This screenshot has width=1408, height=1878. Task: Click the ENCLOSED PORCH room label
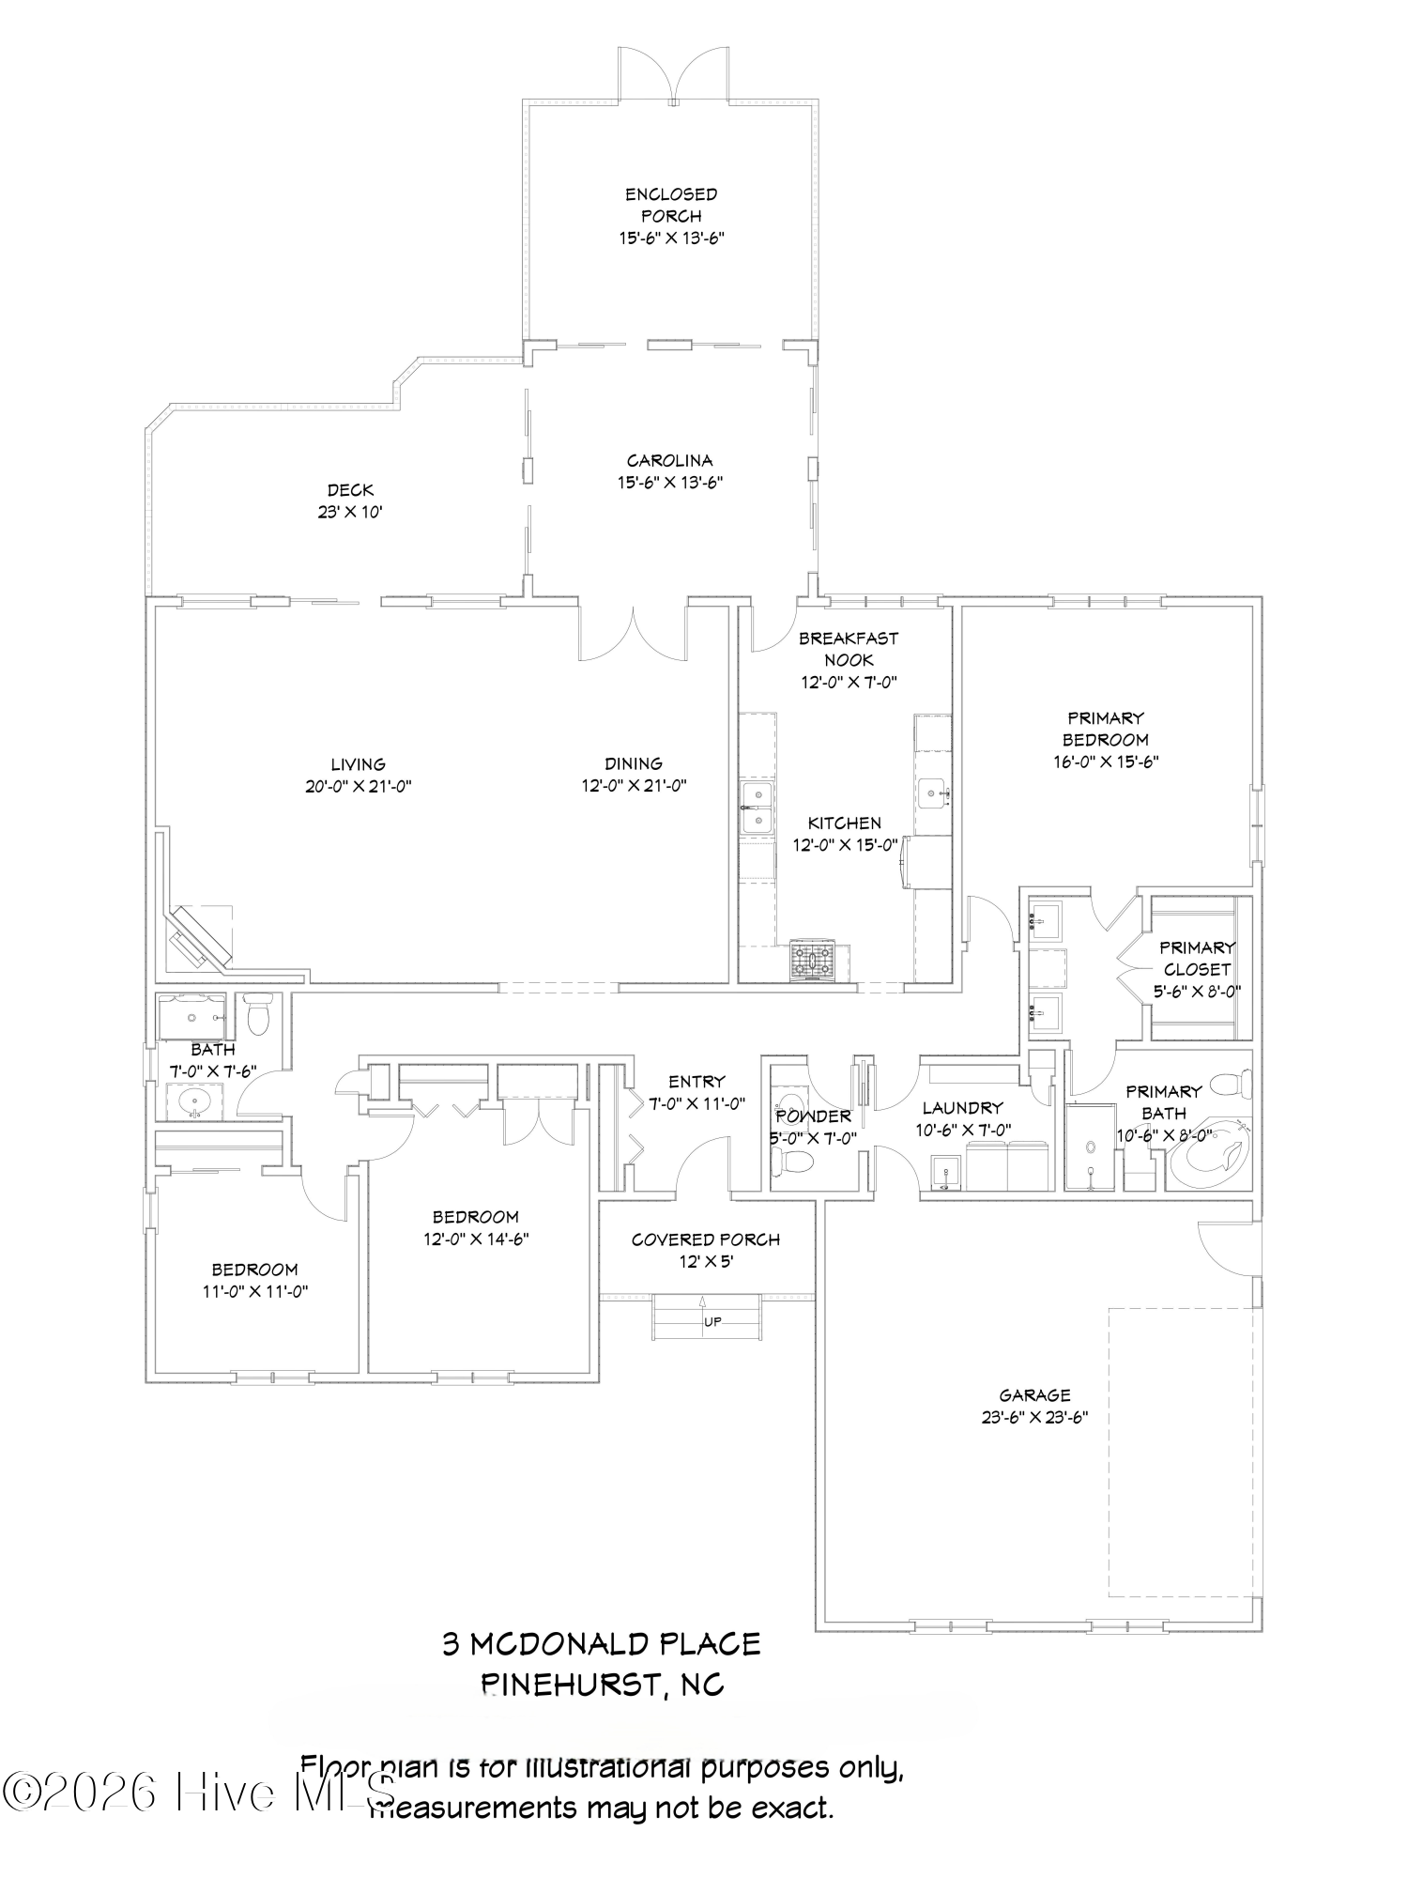[671, 205]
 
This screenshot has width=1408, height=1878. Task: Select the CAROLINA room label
[670, 460]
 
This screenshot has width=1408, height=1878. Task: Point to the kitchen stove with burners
[812, 960]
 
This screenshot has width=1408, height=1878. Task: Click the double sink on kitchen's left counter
[756, 808]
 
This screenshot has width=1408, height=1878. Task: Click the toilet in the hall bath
[257, 1015]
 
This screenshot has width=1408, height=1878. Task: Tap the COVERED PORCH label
[705, 1239]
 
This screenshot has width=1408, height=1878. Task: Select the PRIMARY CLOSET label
[1197, 958]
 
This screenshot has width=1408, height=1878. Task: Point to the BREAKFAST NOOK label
[849, 649]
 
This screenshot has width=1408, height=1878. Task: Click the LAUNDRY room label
[962, 1108]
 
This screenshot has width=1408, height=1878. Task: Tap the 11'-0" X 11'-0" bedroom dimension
[255, 1291]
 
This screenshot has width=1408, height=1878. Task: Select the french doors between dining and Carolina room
[635, 634]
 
